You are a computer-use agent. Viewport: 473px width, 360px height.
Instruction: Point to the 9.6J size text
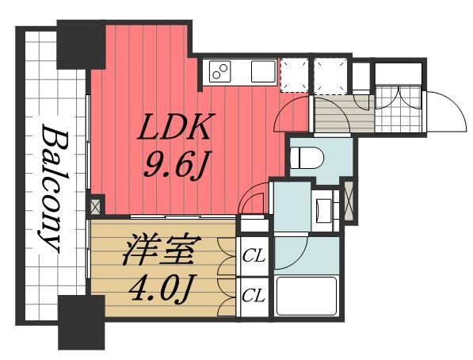click(x=176, y=166)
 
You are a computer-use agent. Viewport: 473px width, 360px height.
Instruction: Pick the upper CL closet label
click(x=253, y=255)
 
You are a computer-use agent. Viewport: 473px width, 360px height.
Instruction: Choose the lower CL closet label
click(x=253, y=296)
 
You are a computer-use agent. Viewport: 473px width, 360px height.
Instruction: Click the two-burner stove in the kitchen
click(x=219, y=73)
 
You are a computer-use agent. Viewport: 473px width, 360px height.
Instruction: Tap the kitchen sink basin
click(x=261, y=71)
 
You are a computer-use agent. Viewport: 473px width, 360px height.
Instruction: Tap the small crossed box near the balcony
click(x=96, y=206)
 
